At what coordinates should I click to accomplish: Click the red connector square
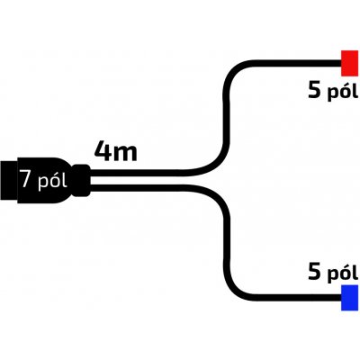pyautogui.click(x=349, y=63)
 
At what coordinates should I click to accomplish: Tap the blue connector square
pyautogui.click(x=349, y=298)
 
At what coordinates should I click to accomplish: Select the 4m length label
pyautogui.click(x=116, y=151)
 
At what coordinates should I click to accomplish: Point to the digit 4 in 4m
pyautogui.click(x=102, y=151)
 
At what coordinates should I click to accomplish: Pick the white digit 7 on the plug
pyautogui.click(x=27, y=179)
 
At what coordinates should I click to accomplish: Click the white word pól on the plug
pyautogui.click(x=52, y=181)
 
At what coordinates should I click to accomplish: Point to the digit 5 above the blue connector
pyautogui.click(x=315, y=272)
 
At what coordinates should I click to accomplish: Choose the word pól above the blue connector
pyautogui.click(x=342, y=273)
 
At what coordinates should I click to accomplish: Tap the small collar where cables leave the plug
pyautogui.click(x=82, y=180)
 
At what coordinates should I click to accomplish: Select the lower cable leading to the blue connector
pyautogui.click(x=226, y=243)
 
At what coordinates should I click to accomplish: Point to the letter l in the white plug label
pyautogui.click(x=64, y=179)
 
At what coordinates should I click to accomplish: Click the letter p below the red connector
pyautogui.click(x=332, y=93)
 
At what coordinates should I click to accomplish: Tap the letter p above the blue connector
pyautogui.click(x=332, y=274)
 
